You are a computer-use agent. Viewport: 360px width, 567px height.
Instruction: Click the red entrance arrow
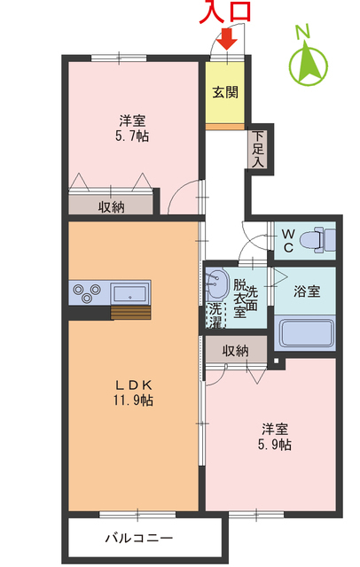click(227, 39)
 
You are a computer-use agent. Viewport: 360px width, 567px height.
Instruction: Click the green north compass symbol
click(309, 60)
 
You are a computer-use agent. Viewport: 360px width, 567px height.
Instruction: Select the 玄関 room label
click(225, 92)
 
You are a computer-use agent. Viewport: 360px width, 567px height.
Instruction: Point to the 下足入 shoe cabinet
click(256, 151)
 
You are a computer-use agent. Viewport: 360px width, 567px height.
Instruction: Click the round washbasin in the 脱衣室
click(217, 285)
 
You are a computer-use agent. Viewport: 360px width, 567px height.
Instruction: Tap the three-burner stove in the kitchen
click(86, 291)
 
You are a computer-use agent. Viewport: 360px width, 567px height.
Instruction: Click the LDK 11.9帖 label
click(133, 392)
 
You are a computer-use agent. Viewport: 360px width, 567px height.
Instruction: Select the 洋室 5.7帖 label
click(134, 128)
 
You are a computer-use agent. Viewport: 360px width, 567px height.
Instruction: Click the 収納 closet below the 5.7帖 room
click(112, 206)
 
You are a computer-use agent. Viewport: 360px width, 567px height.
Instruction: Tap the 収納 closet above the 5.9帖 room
click(236, 350)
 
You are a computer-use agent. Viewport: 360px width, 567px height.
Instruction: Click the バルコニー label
click(139, 538)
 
